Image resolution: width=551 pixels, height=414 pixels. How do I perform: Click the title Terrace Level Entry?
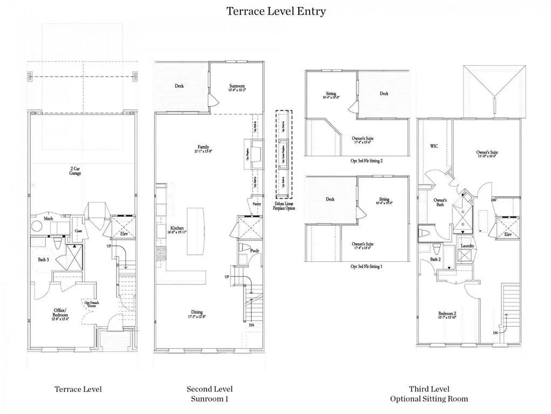(x=275, y=11)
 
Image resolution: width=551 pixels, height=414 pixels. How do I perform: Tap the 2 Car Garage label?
(x=75, y=171)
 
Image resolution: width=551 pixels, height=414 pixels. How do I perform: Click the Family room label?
(x=203, y=147)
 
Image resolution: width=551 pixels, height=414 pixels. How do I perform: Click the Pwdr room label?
(x=254, y=251)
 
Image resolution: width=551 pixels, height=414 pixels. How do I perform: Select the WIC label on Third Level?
(x=433, y=146)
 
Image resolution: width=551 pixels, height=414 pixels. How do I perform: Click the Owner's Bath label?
(x=440, y=202)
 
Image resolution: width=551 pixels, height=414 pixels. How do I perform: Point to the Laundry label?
(x=467, y=246)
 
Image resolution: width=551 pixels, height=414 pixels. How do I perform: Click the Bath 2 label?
(x=436, y=260)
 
